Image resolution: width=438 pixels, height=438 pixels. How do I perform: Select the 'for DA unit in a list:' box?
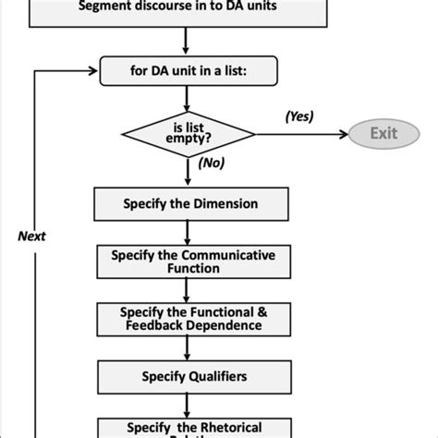pos(186,69)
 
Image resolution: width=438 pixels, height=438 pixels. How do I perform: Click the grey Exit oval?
pos(383,133)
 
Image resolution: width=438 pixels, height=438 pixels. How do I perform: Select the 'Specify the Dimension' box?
pos(189,203)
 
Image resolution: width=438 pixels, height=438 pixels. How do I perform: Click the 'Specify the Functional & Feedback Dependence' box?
pos(189,319)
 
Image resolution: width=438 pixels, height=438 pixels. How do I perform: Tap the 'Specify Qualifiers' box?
pos(189,376)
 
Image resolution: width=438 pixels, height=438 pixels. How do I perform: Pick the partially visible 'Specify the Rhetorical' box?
pos(189,427)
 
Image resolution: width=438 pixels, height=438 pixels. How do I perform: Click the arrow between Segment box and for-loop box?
pos(187,39)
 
